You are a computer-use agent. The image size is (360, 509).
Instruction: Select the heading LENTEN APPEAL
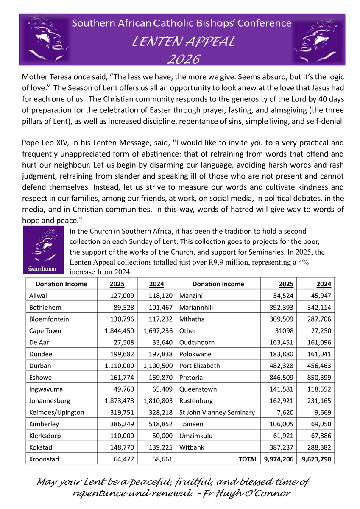183,42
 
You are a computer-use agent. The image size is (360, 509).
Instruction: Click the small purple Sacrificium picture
42,250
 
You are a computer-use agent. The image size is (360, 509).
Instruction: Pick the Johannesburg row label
50,400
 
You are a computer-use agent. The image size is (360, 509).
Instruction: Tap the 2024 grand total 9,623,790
316,459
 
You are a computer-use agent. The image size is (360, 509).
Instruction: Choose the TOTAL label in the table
248,459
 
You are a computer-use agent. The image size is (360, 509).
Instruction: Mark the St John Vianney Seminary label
217,412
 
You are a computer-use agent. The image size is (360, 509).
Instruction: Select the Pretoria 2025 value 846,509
282,377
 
